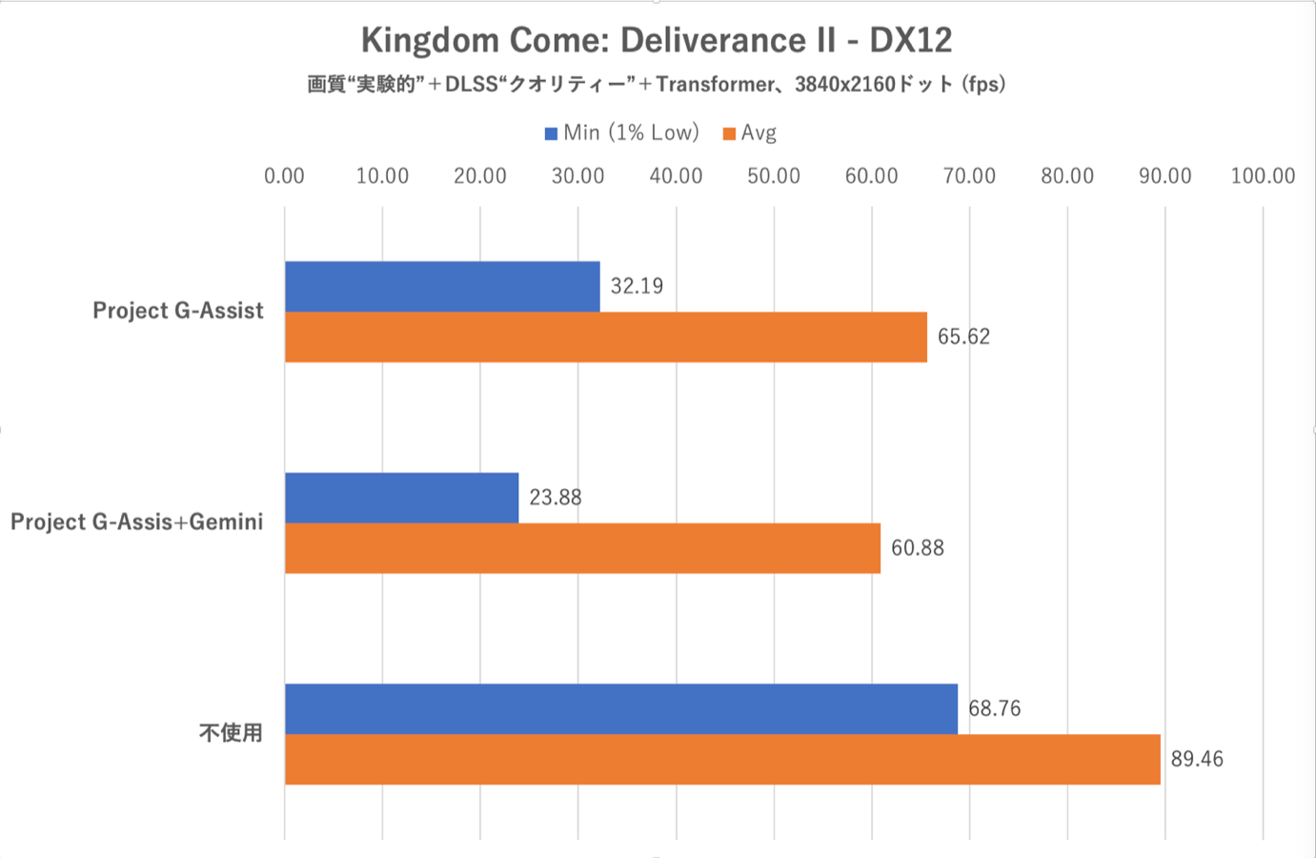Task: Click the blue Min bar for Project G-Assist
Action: tap(442, 286)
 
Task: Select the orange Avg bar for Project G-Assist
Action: tap(606, 337)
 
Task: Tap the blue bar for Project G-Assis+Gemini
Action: tap(401, 498)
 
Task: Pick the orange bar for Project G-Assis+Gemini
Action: tap(582, 548)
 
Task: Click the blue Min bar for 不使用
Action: tap(620, 708)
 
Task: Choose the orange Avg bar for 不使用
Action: tap(722, 759)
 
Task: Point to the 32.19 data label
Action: tap(637, 286)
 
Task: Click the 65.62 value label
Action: tap(963, 337)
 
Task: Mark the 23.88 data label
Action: tap(556, 498)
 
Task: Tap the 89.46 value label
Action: tap(1197, 759)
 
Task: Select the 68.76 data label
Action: tap(994, 708)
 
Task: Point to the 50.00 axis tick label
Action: tap(774, 175)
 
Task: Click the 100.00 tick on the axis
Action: tap(1263, 175)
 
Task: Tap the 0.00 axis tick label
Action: tap(284, 175)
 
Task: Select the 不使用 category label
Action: tap(231, 733)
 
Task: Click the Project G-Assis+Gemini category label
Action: tap(136, 521)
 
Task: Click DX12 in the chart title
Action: tap(911, 40)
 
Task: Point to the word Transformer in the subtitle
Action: tap(716, 84)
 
